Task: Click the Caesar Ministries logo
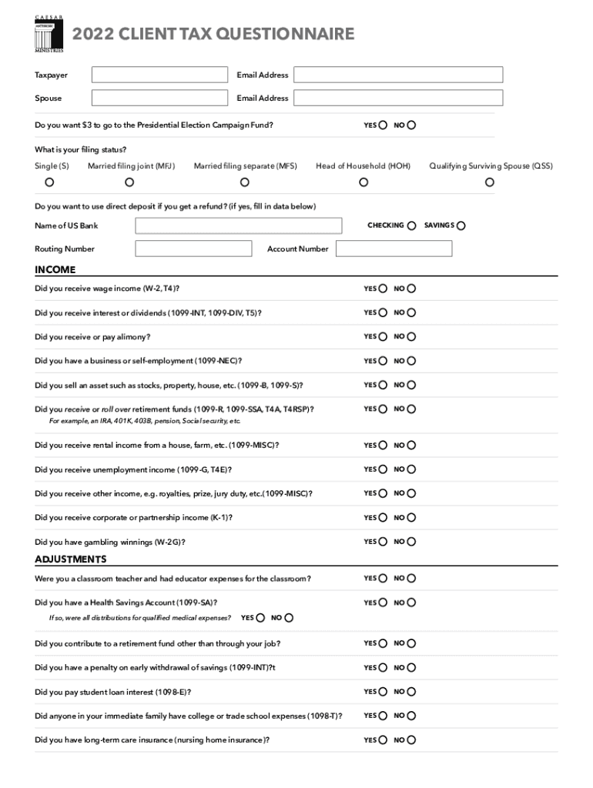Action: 49,35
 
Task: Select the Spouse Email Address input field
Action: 397,98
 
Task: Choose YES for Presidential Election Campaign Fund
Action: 384,125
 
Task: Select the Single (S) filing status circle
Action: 50,182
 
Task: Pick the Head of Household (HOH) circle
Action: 364,182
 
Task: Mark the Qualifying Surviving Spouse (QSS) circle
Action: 490,182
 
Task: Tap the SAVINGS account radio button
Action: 461,225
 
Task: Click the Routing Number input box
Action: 193,249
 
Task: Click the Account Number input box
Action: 394,249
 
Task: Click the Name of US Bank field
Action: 239,225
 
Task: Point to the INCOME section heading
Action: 55,269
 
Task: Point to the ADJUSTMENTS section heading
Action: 71,559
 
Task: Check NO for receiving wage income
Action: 411,289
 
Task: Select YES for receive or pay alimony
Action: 384,336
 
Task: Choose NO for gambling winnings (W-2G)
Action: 411,542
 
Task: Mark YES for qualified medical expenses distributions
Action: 261,618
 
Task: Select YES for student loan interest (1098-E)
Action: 384,692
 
